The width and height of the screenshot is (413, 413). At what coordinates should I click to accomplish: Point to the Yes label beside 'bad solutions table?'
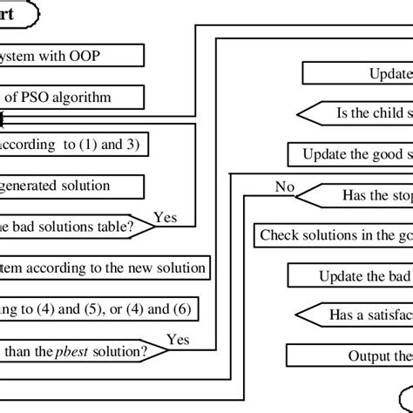166,214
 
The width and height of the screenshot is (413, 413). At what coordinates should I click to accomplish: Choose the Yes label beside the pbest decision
178,339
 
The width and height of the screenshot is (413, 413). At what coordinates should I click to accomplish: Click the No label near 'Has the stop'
284,186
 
